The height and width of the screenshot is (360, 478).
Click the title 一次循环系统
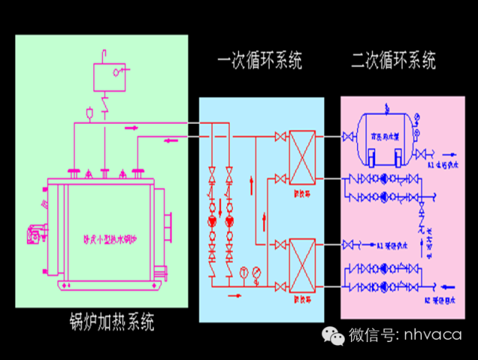[259, 61]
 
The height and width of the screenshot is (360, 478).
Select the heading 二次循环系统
[394, 61]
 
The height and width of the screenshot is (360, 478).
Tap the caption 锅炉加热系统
[110, 323]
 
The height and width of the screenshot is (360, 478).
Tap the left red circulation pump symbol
[212, 221]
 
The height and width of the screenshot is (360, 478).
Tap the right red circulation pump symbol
[229, 221]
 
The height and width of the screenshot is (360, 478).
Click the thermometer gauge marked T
[243, 272]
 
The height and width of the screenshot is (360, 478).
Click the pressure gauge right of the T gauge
[256, 272]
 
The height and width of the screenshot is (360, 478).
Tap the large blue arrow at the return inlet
[449, 285]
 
